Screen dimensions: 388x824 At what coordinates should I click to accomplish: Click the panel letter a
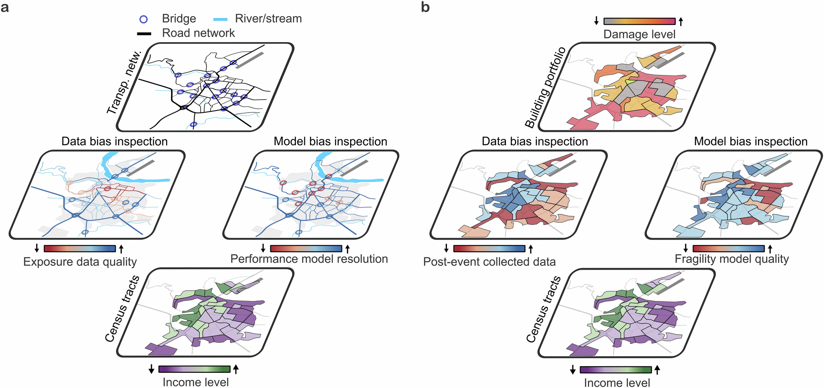coord(5,7)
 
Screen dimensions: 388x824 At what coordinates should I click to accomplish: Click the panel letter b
coord(425,7)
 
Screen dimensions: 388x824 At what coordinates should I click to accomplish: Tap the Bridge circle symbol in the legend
coord(143,19)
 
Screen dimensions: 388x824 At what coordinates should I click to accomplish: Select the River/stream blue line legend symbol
coord(220,19)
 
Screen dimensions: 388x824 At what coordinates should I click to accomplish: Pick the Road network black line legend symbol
coord(144,34)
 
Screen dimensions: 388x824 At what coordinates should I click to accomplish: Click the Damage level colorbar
coord(639,21)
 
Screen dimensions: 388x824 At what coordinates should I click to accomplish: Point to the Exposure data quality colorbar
coord(80,249)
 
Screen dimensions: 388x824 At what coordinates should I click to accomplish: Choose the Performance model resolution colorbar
coord(306,249)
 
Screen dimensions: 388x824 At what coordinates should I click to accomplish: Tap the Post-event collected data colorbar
coord(489,249)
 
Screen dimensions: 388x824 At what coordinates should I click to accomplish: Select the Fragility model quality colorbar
coord(728,249)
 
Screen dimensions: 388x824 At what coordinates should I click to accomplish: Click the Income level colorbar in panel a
coord(194,369)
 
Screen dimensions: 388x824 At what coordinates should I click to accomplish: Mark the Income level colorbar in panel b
coord(616,369)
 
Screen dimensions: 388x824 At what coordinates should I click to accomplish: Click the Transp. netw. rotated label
coord(124,82)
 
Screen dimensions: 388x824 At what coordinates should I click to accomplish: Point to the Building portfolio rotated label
coord(545,87)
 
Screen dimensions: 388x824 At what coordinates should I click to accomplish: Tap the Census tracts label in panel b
coord(543,309)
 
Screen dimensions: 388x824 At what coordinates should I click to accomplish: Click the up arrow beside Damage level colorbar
coord(681,21)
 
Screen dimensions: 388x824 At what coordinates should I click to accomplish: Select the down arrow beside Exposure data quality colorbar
coord(37,248)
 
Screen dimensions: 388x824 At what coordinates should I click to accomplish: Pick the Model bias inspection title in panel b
coord(751,141)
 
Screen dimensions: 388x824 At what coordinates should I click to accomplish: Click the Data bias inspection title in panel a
coord(115,141)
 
